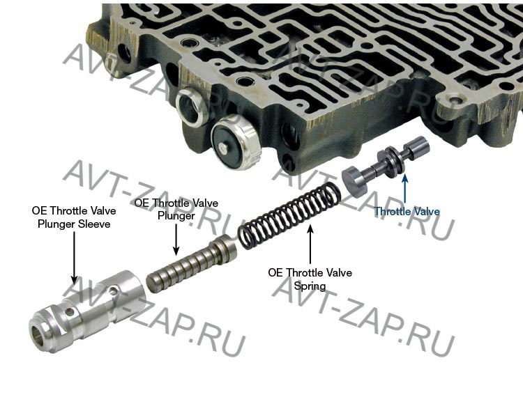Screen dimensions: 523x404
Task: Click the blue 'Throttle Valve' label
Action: click(407, 212)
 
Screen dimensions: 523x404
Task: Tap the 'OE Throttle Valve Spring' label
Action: click(310, 279)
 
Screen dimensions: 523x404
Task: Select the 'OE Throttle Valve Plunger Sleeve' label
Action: click(74, 217)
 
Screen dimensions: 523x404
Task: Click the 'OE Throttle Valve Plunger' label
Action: click(176, 209)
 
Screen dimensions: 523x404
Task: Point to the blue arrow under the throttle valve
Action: click(405, 188)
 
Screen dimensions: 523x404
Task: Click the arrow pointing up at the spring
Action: click(310, 244)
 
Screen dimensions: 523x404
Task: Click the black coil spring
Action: click(289, 217)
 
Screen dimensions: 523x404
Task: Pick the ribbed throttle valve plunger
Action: click(192, 263)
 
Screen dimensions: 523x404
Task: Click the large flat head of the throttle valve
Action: click(355, 182)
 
